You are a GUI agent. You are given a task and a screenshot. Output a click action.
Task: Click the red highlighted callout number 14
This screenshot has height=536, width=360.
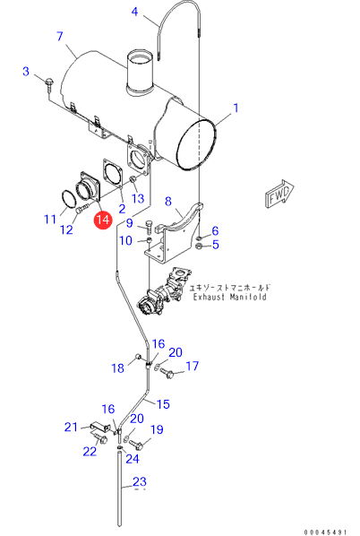(x=103, y=220)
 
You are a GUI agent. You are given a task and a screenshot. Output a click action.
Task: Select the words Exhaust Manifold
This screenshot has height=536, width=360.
(x=229, y=297)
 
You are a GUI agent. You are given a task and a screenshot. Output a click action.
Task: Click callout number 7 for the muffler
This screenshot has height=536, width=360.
(x=60, y=36)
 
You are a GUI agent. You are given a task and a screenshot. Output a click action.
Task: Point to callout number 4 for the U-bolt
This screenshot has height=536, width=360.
(x=135, y=12)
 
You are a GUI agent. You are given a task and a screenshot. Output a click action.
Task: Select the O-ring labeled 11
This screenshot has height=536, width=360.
(x=69, y=199)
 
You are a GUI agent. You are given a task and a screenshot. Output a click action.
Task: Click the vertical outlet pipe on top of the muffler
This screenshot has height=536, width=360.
(x=140, y=73)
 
